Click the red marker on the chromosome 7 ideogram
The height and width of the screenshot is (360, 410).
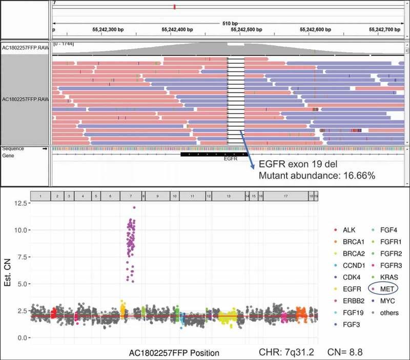pyautogui.click(x=175, y=7)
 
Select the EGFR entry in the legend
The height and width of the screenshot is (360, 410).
pyautogui.click(x=344, y=289)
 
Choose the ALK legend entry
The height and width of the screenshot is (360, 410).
pyautogui.click(x=343, y=230)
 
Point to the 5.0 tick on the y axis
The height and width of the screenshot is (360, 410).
pyautogui.click(x=21, y=284)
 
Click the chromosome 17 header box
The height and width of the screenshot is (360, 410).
pyautogui.click(x=285, y=196)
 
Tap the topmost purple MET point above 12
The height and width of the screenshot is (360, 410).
pyautogui.click(x=134, y=207)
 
